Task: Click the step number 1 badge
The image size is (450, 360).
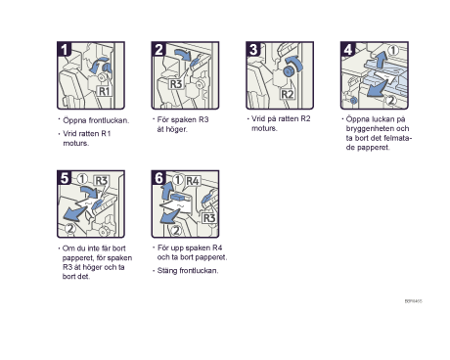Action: pyautogui.click(x=64, y=49)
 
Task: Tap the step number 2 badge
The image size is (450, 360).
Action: pyautogui.click(x=158, y=49)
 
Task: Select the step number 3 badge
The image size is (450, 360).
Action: pyautogui.click(x=253, y=49)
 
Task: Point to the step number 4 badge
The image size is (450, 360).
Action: pyautogui.click(x=347, y=49)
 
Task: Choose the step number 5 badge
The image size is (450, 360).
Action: pyautogui.click(x=65, y=178)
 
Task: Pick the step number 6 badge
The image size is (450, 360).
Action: pyautogui.click(x=158, y=178)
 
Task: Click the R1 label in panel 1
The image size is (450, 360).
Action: pyautogui.click(x=104, y=91)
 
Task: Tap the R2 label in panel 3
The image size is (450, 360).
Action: pyautogui.click(x=288, y=95)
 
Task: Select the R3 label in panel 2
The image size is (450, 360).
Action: pyautogui.click(x=176, y=84)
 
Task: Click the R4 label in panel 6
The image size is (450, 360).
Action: pyautogui.click(x=193, y=181)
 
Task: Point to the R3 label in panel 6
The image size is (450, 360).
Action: pyautogui.click(x=209, y=218)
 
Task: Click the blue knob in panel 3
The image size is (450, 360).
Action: pyautogui.click(x=288, y=70)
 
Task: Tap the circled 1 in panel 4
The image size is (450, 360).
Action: pyautogui.click(x=393, y=51)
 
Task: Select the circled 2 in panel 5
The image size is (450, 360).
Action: pyautogui.click(x=70, y=229)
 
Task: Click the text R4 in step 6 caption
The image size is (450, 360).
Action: pyautogui.click(x=217, y=247)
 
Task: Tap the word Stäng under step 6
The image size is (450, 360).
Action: pyautogui.click(x=167, y=271)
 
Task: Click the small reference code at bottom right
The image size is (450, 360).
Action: pyautogui.click(x=414, y=301)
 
